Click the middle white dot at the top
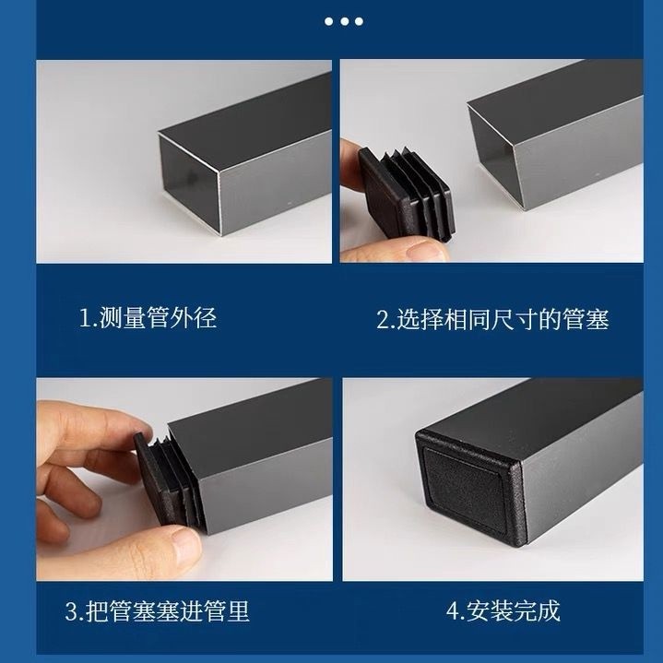(x=344, y=21)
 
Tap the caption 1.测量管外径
(x=148, y=318)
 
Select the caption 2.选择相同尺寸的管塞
(x=492, y=320)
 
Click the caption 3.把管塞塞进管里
(x=158, y=611)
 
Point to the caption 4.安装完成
(x=503, y=610)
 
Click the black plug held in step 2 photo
(x=407, y=194)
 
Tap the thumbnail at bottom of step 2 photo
(x=426, y=250)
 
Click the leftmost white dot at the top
(x=328, y=21)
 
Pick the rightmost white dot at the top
(x=359, y=21)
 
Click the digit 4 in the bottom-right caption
(x=453, y=611)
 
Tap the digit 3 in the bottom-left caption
(x=71, y=612)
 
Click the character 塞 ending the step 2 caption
(x=598, y=320)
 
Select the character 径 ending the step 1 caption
(x=206, y=318)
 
